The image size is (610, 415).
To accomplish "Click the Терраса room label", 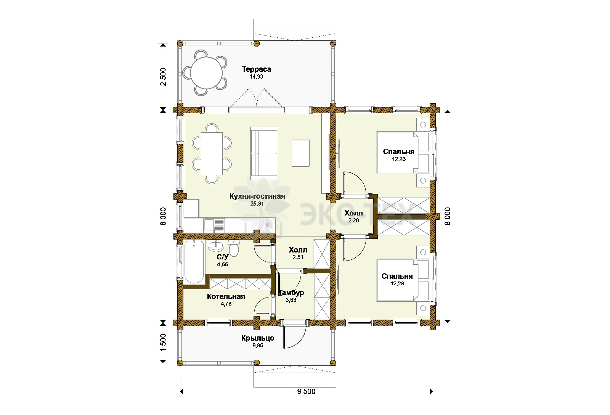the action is (257, 69).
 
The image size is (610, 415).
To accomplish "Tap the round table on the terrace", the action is (206, 73).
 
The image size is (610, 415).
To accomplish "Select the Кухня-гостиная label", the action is (257, 196).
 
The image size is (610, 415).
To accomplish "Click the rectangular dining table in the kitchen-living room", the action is (212, 153).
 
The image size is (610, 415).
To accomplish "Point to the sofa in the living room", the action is (263, 153).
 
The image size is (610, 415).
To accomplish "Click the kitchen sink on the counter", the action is (214, 226).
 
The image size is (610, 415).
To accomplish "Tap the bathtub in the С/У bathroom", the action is (194, 262).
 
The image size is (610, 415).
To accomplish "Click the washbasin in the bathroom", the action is (216, 246).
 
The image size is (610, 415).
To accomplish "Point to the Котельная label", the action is (226, 296).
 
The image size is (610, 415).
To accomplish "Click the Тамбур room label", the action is (291, 293).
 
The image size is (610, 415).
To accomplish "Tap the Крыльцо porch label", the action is (258, 338).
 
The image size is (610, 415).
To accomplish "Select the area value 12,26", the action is (399, 159).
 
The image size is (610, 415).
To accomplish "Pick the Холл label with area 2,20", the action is (353, 213).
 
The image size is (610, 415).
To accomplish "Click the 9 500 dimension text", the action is (307, 392).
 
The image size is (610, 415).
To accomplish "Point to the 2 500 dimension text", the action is (163, 77).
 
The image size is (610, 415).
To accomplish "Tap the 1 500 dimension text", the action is (163, 343).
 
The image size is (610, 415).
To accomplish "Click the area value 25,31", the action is (257, 204).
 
